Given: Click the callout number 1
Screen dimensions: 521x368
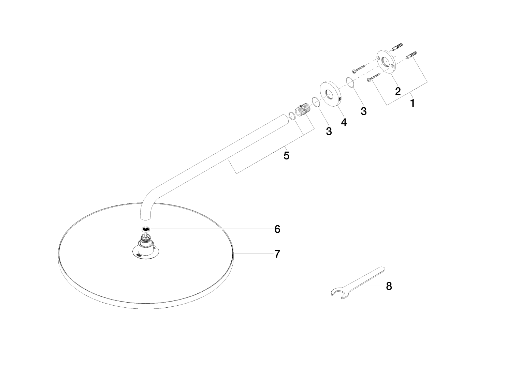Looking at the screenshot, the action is pos(413,103).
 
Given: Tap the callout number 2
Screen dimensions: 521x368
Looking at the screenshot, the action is pos(398,91).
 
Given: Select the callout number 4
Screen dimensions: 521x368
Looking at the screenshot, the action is pos(344,122).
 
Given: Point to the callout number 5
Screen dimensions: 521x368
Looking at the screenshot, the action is pos(286,155).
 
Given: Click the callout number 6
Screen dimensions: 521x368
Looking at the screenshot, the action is pos(277,229).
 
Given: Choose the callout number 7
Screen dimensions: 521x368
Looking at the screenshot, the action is pos(277,254).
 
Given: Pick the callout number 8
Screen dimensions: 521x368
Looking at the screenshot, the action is pos(389,286).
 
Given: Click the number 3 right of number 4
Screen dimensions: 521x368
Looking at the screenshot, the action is pos(363,111).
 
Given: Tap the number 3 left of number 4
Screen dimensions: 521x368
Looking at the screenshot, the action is pos(329,131).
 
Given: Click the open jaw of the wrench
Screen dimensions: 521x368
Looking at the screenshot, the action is pos(337,294).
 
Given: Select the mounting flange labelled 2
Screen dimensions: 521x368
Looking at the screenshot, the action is pos(386,62).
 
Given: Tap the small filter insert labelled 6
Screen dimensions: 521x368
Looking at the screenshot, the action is pos(146,229).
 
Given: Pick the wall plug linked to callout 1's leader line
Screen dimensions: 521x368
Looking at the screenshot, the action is pos(411,55).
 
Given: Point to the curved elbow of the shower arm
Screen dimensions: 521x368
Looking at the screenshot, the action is pos(148,199).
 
